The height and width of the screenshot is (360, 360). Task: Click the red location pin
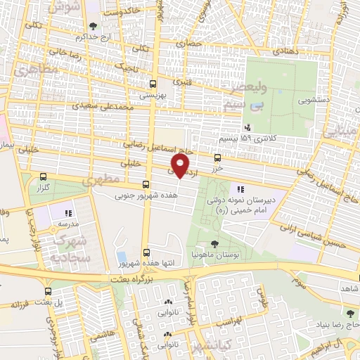181,166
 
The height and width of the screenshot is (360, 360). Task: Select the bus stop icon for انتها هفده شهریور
146,251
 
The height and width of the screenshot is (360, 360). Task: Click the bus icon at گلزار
45,178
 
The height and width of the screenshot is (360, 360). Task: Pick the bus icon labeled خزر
217,157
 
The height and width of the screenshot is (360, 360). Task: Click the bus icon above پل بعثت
47,290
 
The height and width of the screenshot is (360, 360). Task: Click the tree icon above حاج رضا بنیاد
349,313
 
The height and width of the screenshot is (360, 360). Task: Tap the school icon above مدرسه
68,212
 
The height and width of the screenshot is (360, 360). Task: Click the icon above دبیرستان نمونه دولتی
240,188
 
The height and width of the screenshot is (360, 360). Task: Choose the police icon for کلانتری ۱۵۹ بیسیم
247,127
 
